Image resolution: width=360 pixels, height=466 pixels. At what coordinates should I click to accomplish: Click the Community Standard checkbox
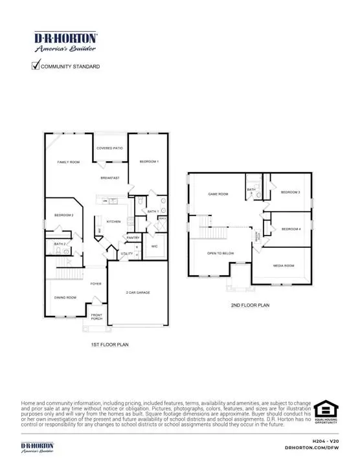(36, 65)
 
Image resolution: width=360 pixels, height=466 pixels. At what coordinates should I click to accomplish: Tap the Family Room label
(68, 162)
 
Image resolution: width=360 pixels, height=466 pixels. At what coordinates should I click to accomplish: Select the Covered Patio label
(109, 148)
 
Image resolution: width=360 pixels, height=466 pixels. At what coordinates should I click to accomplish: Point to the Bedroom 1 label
(149, 161)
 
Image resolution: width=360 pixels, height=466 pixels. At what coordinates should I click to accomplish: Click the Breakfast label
(109, 178)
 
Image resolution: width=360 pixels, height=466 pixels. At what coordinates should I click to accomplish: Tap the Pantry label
(133, 238)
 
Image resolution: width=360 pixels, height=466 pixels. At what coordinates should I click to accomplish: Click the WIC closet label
(155, 247)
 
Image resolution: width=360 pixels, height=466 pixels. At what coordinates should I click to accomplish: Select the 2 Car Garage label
(138, 293)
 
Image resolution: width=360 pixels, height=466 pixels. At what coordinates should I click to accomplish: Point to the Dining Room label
(65, 297)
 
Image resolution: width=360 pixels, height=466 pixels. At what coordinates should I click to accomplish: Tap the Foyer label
(95, 283)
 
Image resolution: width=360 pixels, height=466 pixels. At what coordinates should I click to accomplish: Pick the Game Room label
(218, 194)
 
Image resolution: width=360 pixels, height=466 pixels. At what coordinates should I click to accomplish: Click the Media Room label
(284, 265)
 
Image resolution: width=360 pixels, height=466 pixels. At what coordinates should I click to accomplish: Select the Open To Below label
(220, 253)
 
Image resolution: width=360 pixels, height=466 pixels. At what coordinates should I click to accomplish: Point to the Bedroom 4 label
(291, 229)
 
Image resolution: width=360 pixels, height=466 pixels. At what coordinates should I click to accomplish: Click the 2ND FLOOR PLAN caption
(250, 305)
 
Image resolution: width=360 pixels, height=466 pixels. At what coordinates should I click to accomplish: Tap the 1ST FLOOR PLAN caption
(109, 345)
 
